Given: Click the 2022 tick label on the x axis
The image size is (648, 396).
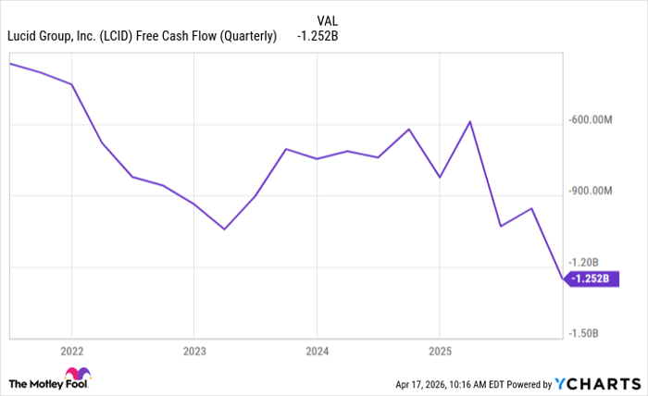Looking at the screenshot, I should click(71, 351).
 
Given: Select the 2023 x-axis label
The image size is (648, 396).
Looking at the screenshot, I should click(193, 351).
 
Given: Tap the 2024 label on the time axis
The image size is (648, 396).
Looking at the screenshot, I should click(317, 351).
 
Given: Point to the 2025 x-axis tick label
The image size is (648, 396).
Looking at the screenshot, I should click(439, 351).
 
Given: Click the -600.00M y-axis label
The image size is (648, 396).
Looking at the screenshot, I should click(592, 119).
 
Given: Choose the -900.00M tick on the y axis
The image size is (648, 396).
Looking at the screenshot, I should click(592, 191).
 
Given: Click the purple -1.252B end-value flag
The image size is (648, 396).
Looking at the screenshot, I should click(591, 278).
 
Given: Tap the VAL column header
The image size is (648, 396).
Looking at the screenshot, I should click(327, 19).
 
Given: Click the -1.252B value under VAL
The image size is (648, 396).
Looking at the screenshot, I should click(318, 36).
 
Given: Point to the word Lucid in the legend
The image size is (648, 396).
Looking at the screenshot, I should click(25, 36).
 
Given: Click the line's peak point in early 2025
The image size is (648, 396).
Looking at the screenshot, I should click(470, 121).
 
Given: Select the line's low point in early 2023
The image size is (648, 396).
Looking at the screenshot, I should click(224, 229).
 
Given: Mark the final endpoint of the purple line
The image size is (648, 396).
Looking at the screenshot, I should click(562, 278).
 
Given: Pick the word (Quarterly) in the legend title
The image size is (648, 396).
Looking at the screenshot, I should click(246, 36).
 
